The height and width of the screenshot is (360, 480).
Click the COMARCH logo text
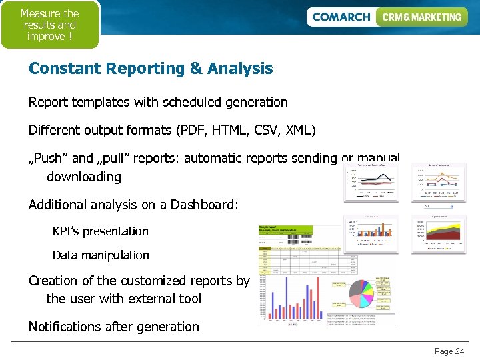point(341,17)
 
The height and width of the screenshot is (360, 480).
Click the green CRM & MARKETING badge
point(421,17)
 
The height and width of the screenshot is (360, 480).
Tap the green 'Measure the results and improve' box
point(49,25)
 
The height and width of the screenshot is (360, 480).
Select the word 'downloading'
point(84,177)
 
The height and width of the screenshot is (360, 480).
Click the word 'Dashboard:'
point(204,205)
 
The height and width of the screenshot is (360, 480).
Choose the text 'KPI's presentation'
point(100,231)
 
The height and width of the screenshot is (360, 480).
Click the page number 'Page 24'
point(449,351)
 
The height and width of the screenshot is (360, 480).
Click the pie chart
point(371,294)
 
